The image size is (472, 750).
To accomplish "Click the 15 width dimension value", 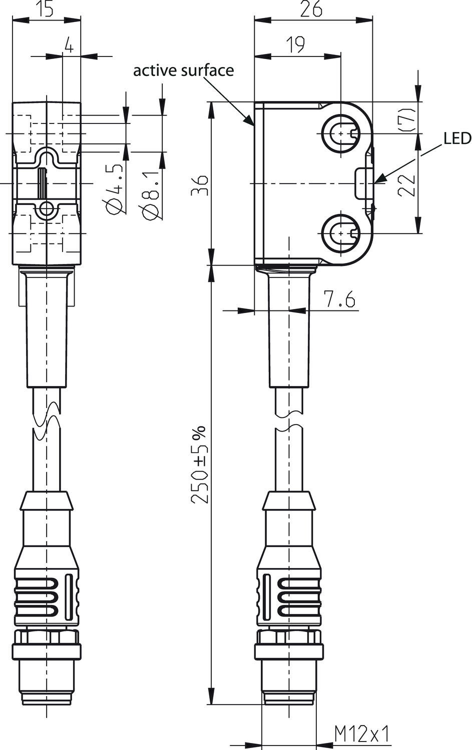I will pyautogui.click(x=46, y=9).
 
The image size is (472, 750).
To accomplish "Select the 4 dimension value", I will pyautogui.click(x=69, y=46).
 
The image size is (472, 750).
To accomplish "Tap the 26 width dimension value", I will pyautogui.click(x=311, y=9).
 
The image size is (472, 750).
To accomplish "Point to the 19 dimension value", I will pyautogui.click(x=296, y=44).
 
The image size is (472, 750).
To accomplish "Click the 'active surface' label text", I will pyautogui.click(x=183, y=70).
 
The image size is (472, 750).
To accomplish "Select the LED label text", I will pyautogui.click(x=457, y=138).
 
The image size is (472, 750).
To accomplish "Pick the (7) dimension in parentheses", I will pyautogui.click(x=408, y=119).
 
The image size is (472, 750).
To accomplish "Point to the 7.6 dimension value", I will pyautogui.click(x=339, y=300).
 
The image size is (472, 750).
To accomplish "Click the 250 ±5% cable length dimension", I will pyautogui.click(x=200, y=465).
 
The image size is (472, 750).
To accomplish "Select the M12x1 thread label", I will pyautogui.click(x=362, y=734).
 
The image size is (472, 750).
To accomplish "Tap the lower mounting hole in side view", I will pyautogui.click(x=341, y=233).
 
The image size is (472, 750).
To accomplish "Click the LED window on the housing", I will pyautogui.click(x=363, y=183).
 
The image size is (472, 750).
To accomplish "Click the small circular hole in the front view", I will pyautogui.click(x=47, y=209).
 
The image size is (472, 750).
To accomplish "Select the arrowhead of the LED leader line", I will pyautogui.click(x=378, y=180).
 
